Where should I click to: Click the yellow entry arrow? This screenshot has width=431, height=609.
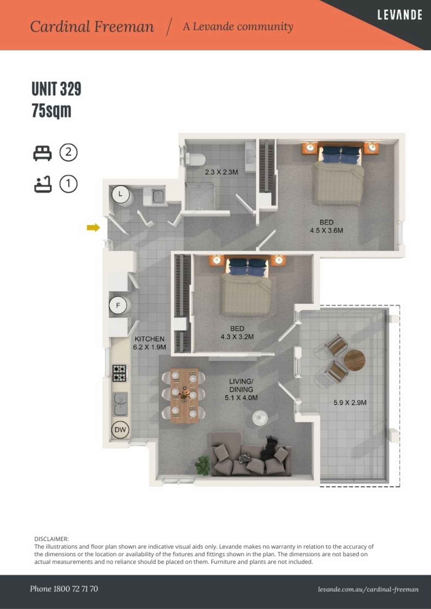click(x=93, y=228)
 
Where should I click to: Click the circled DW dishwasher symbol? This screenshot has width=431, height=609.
click(x=120, y=429)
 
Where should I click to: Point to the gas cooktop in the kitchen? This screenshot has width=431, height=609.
click(x=119, y=373)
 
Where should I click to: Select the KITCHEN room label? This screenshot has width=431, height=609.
click(x=150, y=339)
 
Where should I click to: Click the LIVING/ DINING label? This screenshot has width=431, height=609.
click(x=241, y=385)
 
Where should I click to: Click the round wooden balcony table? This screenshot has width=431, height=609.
click(x=354, y=360)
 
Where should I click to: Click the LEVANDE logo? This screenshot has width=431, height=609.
click(x=400, y=15)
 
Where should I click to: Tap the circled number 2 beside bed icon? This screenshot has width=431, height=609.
click(x=68, y=152)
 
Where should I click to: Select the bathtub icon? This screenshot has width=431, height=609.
click(x=43, y=184)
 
